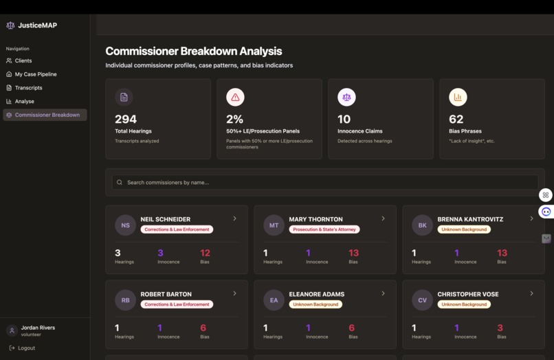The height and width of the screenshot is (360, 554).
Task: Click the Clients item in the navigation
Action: coord(23,60)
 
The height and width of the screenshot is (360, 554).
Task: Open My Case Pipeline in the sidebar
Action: coord(36,74)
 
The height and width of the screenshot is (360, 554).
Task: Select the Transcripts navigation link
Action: coord(28,88)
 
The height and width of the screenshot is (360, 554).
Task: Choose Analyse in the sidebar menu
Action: coord(24,101)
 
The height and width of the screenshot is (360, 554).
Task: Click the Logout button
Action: coord(26,348)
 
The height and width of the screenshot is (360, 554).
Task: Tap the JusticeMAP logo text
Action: coord(37,25)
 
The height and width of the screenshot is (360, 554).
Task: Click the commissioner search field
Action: coord(325,182)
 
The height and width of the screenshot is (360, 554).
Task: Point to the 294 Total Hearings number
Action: coord(126,119)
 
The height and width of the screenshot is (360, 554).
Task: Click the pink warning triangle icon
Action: coord(235,98)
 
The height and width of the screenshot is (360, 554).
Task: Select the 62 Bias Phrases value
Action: coord(456,119)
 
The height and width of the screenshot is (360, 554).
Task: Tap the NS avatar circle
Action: coord(125,225)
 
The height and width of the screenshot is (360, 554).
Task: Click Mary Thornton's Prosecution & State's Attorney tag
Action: coord(324,229)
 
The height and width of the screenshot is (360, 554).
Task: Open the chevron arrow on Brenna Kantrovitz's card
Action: coord(531,218)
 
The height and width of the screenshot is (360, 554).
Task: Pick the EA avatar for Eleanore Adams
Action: coord(274,300)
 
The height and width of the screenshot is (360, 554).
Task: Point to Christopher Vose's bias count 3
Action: coord(500,328)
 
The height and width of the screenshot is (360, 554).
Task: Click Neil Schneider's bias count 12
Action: coord(205,253)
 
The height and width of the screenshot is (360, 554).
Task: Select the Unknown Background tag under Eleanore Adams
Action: coord(315,304)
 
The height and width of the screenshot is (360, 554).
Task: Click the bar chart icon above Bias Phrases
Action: coord(458,98)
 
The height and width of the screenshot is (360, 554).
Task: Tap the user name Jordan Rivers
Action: coord(38,328)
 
